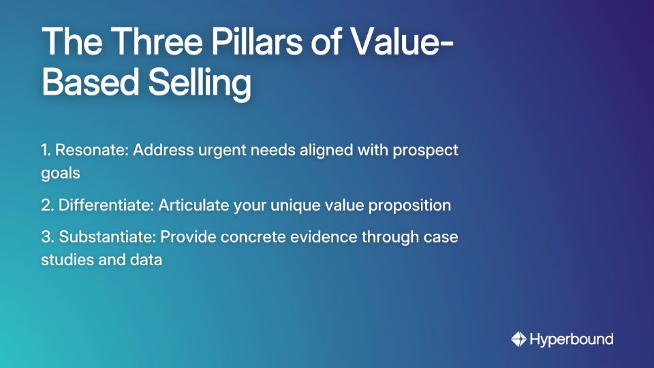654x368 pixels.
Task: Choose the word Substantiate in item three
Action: [109, 237]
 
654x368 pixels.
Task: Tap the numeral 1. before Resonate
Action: [47, 150]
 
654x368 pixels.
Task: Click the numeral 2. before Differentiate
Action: [48, 205]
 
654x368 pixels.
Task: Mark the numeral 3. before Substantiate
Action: [48, 237]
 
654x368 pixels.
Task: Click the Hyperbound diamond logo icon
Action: [518, 339]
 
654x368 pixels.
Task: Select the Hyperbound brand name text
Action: [572, 339]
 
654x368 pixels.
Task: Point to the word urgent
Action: [219, 150]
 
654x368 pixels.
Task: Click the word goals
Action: [61, 173]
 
